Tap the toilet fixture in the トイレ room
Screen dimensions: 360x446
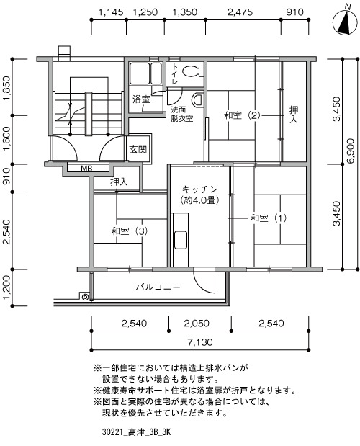click(193, 71)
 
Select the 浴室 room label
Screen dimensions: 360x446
click(141, 99)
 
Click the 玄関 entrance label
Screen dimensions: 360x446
click(138, 149)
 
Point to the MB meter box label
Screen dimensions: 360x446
click(86, 169)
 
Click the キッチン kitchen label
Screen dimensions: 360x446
click(199, 189)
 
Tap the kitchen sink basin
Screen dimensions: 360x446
click(181, 240)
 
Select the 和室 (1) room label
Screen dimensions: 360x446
click(269, 218)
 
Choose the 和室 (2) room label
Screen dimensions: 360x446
click(242, 115)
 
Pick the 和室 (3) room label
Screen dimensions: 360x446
click(130, 231)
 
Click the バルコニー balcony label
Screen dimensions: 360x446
click(158, 287)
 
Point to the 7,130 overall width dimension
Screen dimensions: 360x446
click(199, 342)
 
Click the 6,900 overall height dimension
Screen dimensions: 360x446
click(351, 151)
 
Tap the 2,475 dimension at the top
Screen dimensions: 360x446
click(240, 12)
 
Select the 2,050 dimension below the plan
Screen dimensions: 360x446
click(197, 324)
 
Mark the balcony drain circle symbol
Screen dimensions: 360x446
click(85, 298)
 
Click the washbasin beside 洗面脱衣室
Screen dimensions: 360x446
click(198, 99)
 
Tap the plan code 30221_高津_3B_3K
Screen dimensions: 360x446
click(136, 433)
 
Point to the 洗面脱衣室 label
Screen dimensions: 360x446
click(182, 115)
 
